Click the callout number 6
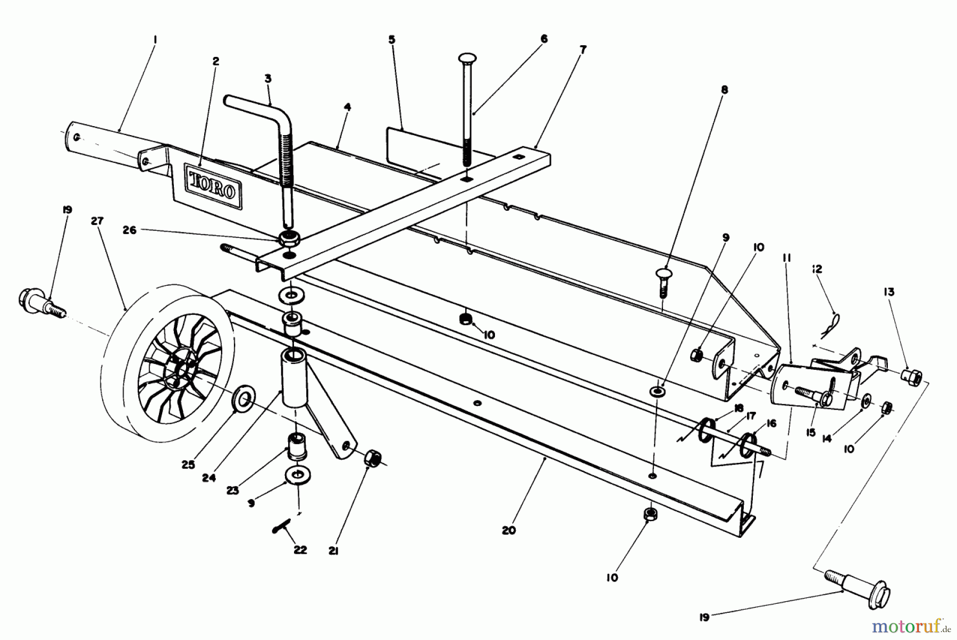(543, 39)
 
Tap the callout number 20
(509, 530)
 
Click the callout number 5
(392, 39)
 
